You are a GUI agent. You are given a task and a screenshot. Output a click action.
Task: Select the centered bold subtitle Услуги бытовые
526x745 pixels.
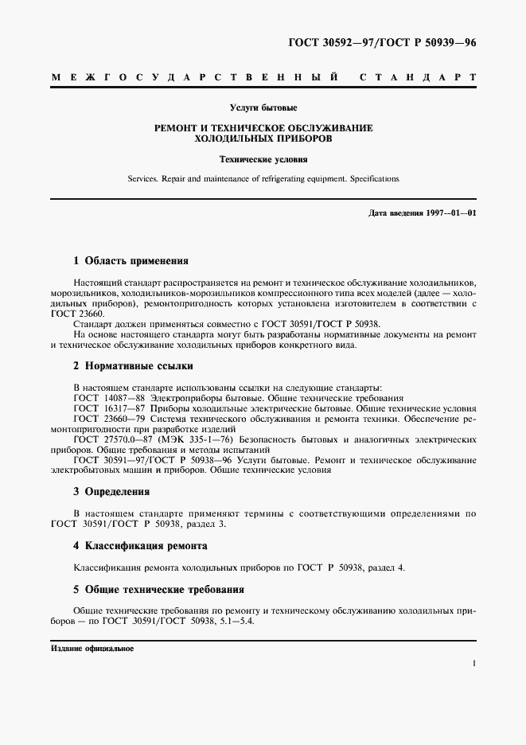[x=263, y=107]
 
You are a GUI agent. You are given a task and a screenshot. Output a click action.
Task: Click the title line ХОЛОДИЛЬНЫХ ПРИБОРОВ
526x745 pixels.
[x=263, y=138]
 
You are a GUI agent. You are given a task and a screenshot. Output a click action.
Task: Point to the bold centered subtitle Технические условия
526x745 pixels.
[x=263, y=160]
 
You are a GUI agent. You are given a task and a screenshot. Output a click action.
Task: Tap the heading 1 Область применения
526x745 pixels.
[x=131, y=260]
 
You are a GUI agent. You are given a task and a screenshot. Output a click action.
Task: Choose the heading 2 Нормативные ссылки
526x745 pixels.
[x=133, y=365]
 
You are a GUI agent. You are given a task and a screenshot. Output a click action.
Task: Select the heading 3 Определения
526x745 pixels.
[x=111, y=492]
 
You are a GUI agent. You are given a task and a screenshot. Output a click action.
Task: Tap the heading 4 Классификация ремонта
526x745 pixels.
[x=140, y=546]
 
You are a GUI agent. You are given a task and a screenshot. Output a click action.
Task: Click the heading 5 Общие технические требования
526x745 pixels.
[x=158, y=590]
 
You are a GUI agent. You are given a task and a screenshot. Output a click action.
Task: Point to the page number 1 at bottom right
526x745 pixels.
[x=473, y=662]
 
